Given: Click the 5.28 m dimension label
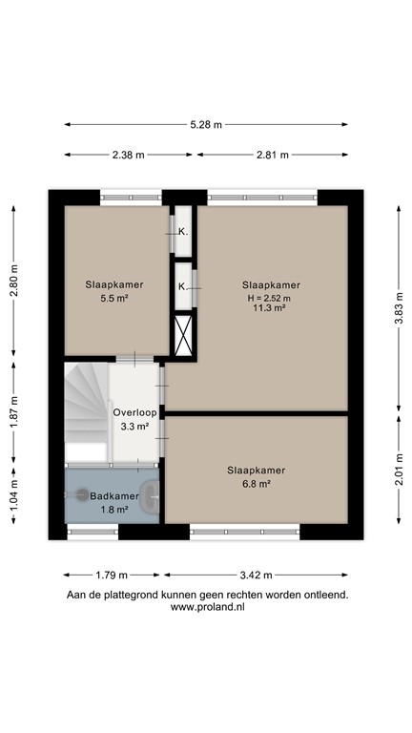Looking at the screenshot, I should click(206, 125).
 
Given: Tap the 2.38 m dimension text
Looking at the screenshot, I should click(127, 155).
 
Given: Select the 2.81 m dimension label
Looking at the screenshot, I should click(272, 155).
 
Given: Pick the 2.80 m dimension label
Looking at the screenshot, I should click(14, 279).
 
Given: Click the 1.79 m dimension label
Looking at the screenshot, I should click(113, 576).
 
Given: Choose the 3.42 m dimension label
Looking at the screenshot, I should click(255, 576).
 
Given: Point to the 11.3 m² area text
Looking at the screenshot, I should click(271, 308).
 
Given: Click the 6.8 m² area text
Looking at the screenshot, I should click(256, 484).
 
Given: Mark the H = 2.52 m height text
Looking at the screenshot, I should click(271, 297).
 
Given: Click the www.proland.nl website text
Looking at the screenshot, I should click(206, 608).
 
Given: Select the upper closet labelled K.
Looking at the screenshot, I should click(183, 231).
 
